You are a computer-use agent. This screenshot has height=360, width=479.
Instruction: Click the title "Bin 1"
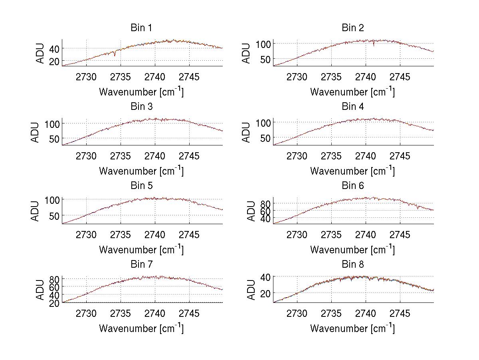pyautogui.click(x=141, y=28)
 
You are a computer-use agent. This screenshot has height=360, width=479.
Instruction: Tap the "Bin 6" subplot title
pyautogui.click(x=353, y=186)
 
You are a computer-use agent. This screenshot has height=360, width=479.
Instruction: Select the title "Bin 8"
pyautogui.click(x=353, y=265)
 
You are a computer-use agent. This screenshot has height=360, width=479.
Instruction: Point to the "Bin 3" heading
pyautogui.click(x=141, y=107)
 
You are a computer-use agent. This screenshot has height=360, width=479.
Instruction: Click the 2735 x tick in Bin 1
pyautogui.click(x=121, y=77)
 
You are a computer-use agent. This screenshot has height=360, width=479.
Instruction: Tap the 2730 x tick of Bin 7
pyautogui.click(x=86, y=313)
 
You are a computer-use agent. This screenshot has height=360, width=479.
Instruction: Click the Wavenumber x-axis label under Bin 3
pyautogui.click(x=141, y=171)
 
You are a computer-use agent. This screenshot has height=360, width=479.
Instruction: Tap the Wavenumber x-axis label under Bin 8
pyautogui.click(x=353, y=328)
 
